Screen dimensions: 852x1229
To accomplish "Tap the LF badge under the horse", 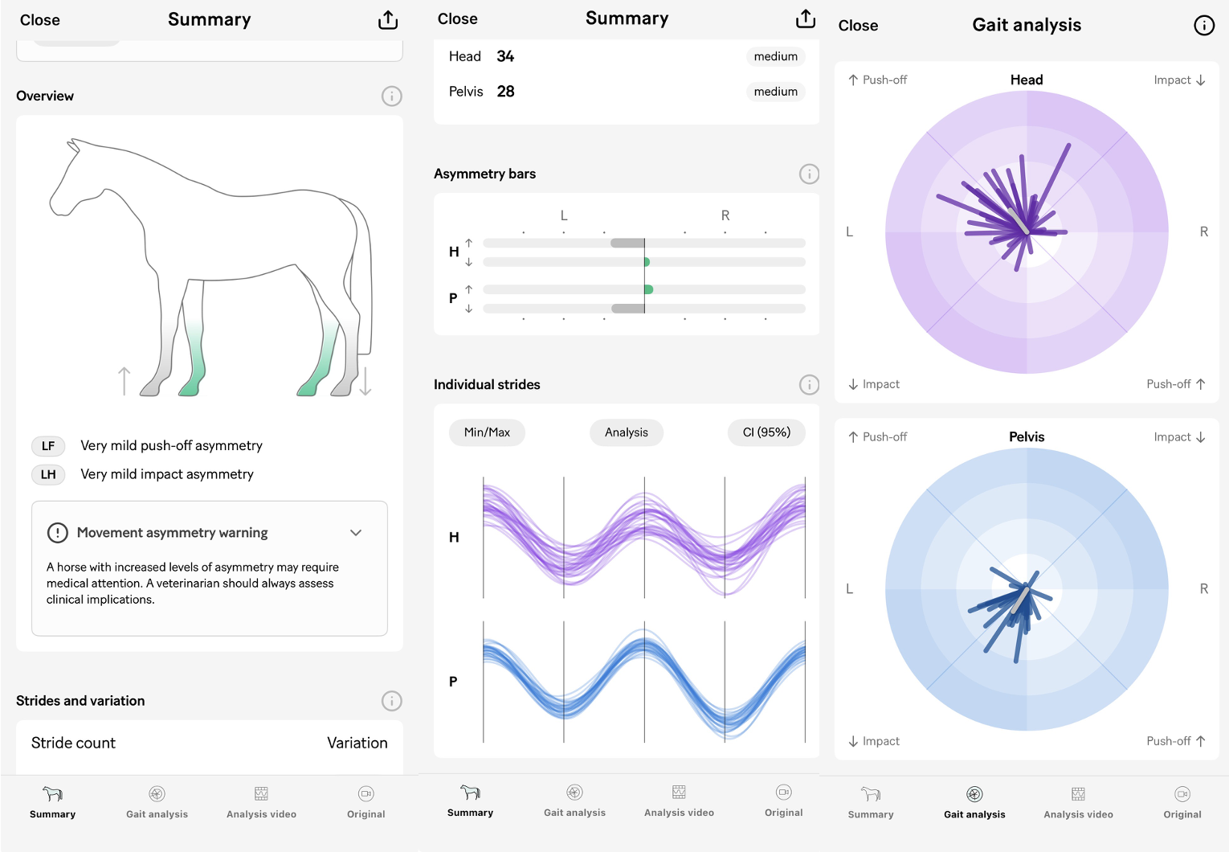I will (48, 446).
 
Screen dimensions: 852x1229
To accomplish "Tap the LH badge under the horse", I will (48, 475).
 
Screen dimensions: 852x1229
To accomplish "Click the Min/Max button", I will (487, 432).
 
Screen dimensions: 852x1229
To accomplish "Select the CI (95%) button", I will (766, 432).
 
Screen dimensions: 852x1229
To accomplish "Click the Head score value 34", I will (505, 56).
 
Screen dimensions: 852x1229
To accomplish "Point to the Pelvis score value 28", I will (505, 92).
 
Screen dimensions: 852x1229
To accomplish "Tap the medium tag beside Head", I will (775, 56).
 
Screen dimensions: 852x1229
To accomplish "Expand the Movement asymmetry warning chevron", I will (356, 533).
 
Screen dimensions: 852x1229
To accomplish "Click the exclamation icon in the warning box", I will (58, 533).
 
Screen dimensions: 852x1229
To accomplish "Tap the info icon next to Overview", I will (391, 96).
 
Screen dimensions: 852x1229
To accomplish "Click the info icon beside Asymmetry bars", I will (809, 174).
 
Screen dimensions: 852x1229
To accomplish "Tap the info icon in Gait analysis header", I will (1203, 26).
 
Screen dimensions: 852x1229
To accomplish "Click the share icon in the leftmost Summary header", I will (388, 20).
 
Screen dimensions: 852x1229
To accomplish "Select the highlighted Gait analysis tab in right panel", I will (974, 802).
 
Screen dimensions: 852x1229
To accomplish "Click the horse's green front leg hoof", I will (190, 389).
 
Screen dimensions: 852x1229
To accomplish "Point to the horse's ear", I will (74, 145).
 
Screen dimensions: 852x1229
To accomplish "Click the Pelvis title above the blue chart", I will (1027, 436).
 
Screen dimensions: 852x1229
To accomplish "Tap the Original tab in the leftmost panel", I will (366, 802).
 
